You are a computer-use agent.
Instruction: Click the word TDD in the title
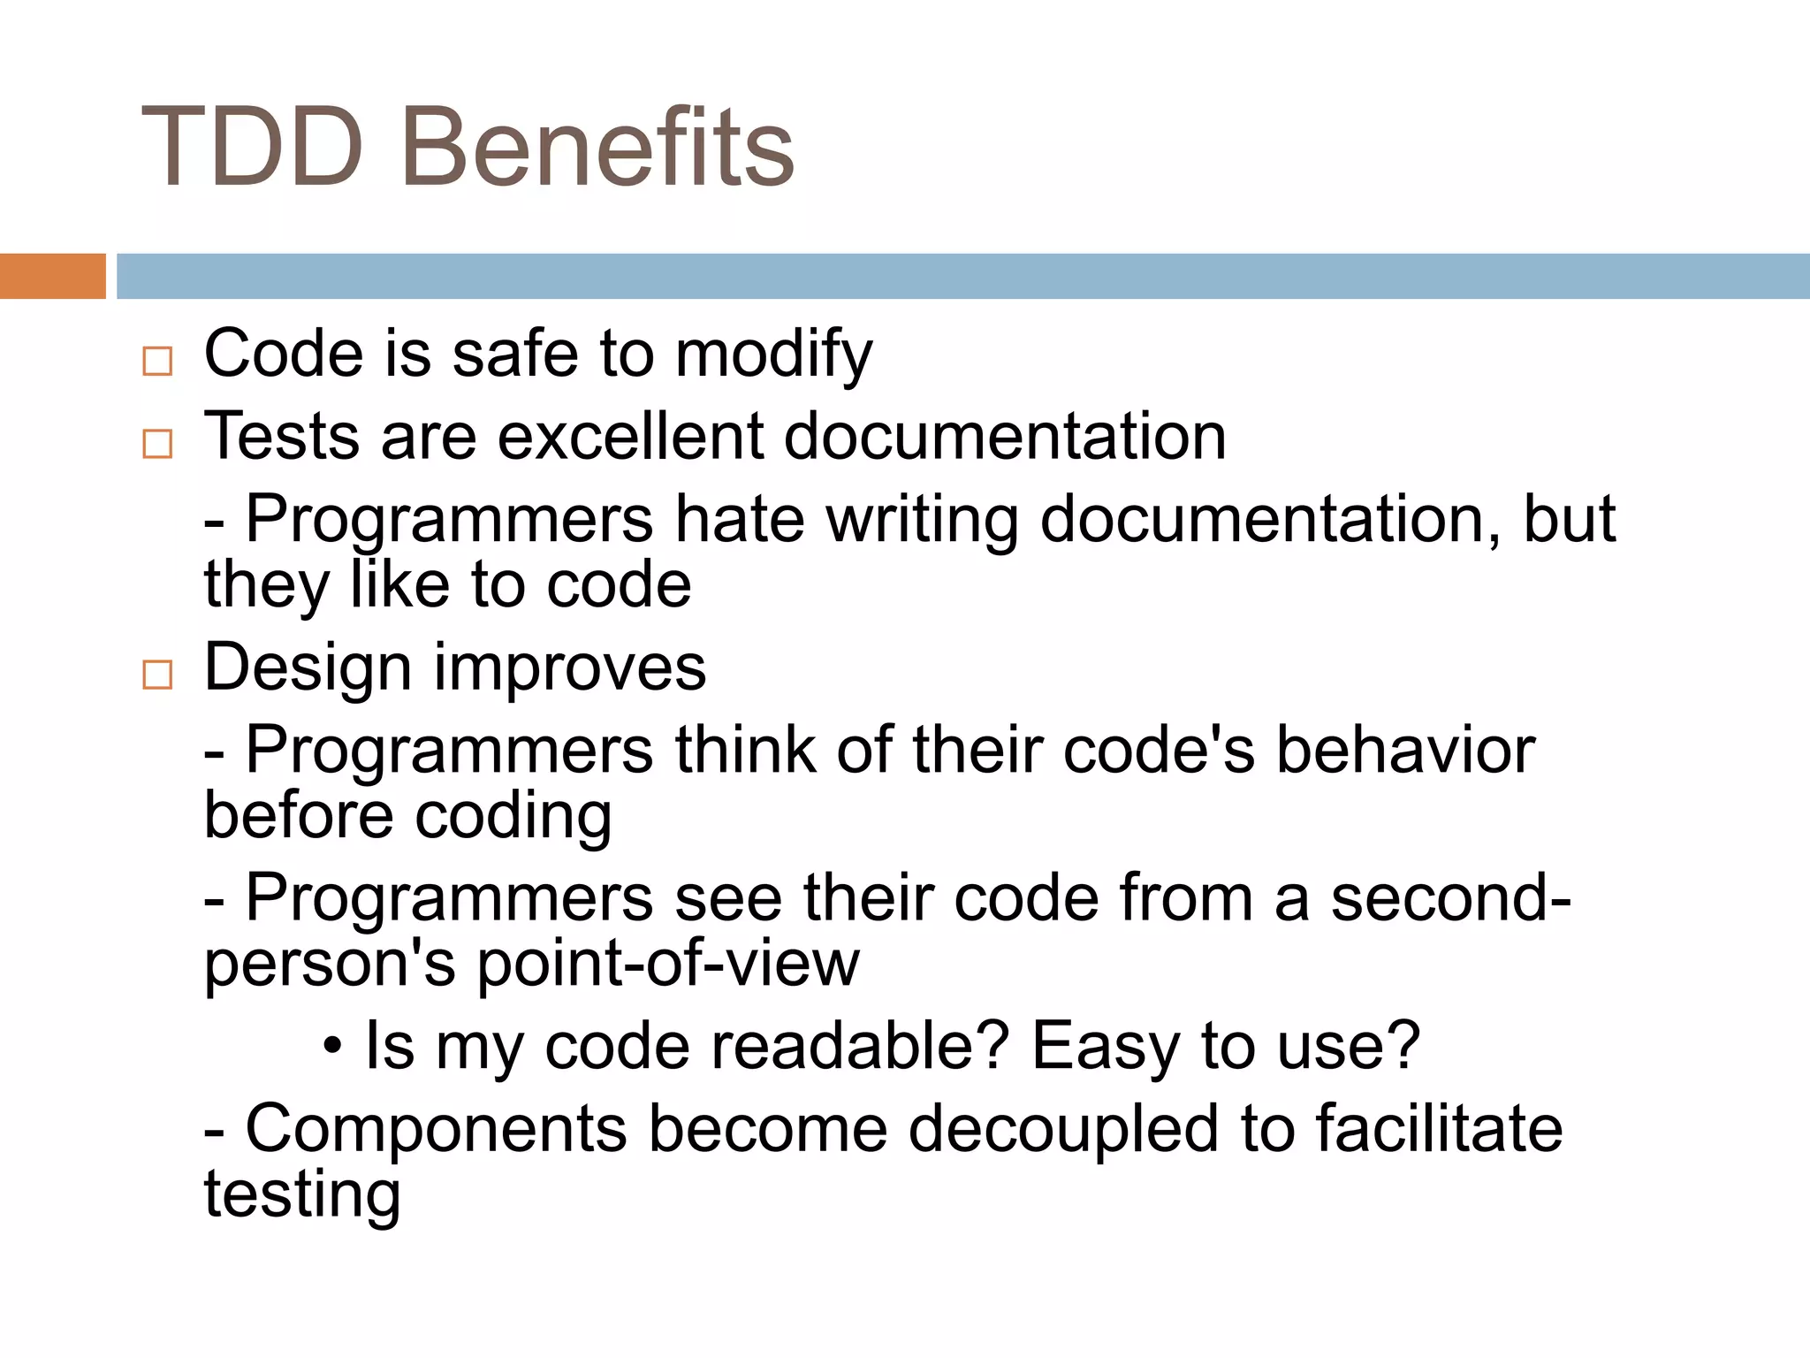(x=252, y=148)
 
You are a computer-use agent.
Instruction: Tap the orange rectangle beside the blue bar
(x=52, y=276)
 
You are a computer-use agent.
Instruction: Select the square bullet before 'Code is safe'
(x=157, y=361)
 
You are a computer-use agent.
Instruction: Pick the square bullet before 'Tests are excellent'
(x=157, y=443)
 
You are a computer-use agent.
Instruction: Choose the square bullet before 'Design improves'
(x=157, y=675)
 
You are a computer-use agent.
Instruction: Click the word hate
(x=739, y=519)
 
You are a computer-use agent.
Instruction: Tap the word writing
(x=922, y=521)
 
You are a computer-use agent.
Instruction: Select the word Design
(x=308, y=668)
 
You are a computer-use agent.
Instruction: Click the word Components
(x=435, y=1129)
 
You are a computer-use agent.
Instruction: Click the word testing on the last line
(x=302, y=1195)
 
